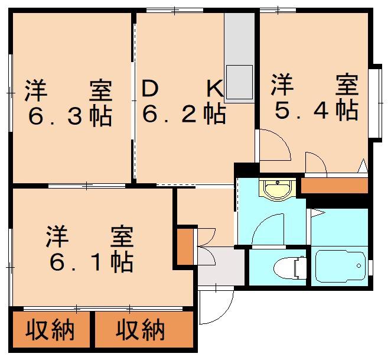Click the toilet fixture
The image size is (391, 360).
290,268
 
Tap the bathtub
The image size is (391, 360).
341,267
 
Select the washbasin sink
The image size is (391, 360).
277,190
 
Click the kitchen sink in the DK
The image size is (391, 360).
239,82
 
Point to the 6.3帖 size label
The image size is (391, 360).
70,117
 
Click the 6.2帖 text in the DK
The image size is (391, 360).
184,115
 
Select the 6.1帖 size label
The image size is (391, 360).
92,262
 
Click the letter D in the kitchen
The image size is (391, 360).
150,89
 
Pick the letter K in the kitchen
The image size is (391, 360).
215,89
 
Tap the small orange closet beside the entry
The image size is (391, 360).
185,246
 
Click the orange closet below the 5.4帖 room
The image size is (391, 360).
334,186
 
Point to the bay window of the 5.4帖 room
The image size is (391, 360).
377,103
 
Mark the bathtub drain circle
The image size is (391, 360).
359,265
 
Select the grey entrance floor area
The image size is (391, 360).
221,266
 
